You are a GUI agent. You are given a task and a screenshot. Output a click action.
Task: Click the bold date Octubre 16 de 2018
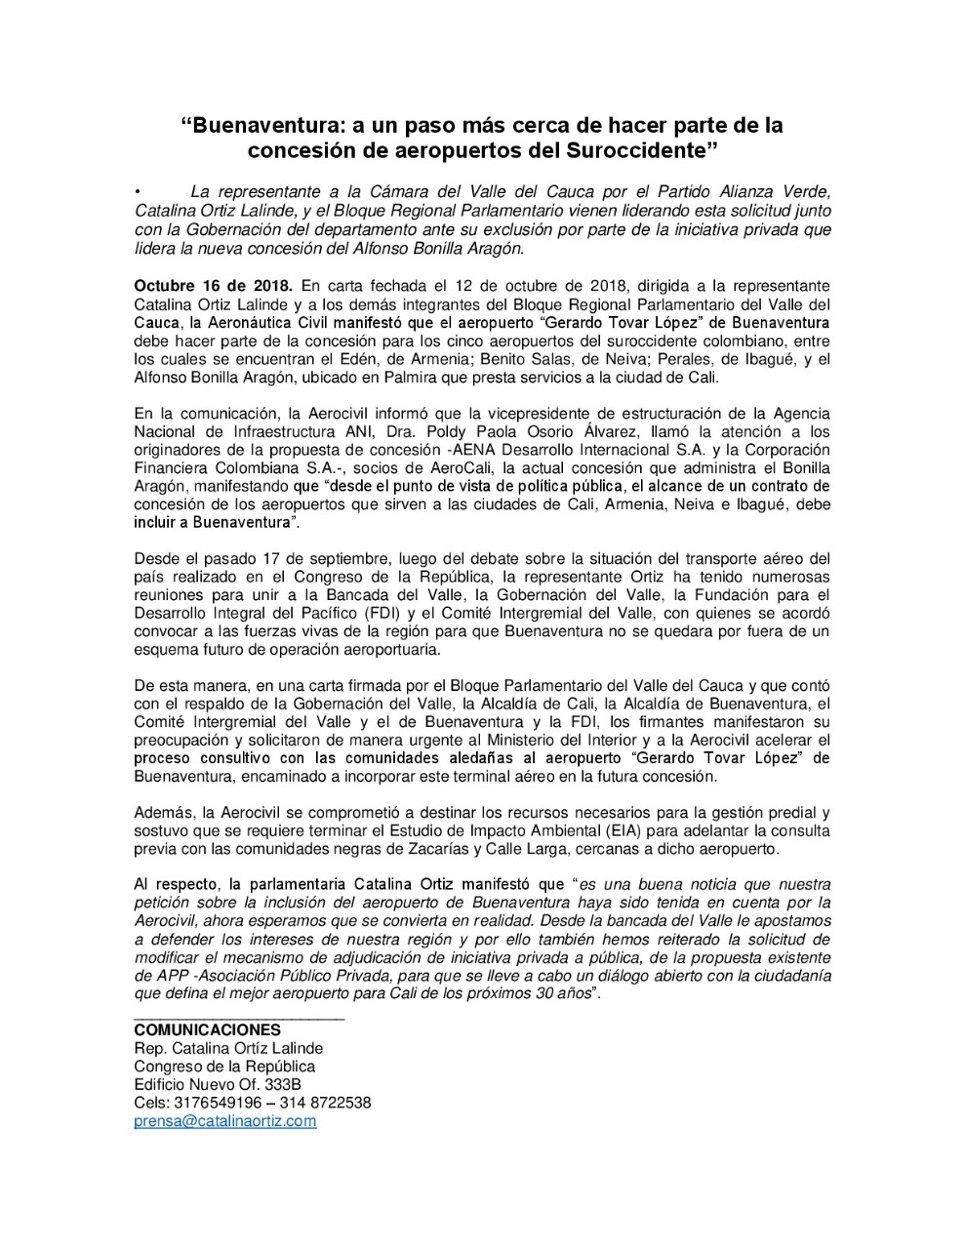point(213,286)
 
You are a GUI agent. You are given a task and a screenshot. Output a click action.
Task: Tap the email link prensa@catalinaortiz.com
point(225,1121)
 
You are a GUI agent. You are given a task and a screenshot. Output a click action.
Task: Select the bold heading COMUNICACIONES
point(207,1030)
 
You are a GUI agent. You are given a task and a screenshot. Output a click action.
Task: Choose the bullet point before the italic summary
point(140,190)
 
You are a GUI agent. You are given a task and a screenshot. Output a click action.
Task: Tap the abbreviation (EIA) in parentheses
point(616,830)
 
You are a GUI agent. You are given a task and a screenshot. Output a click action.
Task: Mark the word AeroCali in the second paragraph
point(415,467)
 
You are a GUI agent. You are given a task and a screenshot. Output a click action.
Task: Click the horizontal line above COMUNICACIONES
point(239,1019)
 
